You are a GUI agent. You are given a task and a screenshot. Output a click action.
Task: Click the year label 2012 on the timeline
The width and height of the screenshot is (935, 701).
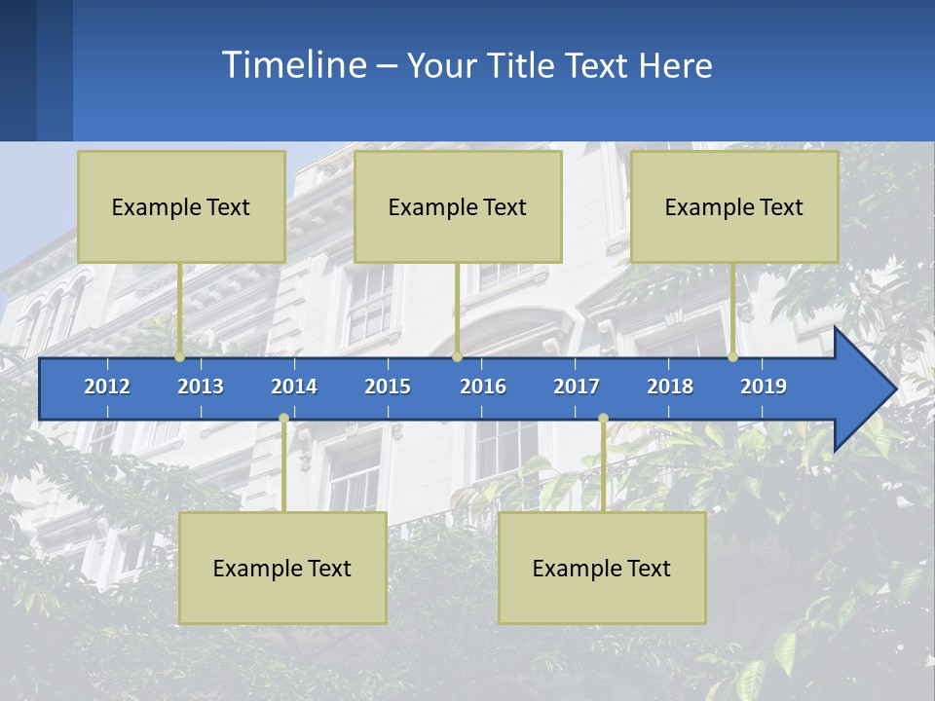pos(107,387)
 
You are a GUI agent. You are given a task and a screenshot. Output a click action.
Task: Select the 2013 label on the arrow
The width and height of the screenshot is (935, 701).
pos(201,387)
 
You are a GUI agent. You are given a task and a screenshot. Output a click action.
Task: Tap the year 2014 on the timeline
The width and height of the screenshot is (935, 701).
pos(294,387)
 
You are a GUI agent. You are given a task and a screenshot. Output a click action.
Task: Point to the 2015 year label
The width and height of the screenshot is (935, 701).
pos(388,387)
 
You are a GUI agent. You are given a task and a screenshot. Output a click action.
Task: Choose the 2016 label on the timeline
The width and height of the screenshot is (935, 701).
pos(483,387)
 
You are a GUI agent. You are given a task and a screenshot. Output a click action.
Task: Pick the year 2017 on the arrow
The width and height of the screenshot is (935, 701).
pos(577,387)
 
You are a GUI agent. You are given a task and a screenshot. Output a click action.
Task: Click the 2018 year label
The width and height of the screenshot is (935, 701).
pos(670,387)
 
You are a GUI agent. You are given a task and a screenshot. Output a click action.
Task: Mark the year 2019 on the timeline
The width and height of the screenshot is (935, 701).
pos(764,387)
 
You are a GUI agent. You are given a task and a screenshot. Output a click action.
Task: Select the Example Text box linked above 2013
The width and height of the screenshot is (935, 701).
pos(181,206)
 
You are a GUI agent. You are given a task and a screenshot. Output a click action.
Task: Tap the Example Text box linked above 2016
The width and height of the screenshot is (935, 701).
pos(458,206)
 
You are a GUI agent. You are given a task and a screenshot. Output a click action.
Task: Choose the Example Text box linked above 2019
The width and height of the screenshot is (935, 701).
pos(734,206)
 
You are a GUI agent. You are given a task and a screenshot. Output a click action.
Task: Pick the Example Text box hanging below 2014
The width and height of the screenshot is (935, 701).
pos(282,568)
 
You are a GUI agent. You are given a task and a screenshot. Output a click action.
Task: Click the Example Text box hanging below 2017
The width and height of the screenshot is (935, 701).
pos(602,568)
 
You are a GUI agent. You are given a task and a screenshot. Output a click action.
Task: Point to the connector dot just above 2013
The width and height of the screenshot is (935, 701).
pos(180,357)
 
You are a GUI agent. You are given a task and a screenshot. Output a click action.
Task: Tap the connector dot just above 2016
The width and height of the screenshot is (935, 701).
pos(457,357)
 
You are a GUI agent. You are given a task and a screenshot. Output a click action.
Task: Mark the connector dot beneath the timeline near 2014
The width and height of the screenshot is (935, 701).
pos(283,419)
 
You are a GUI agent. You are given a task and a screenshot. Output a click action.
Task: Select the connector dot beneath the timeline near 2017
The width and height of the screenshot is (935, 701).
pos(603,419)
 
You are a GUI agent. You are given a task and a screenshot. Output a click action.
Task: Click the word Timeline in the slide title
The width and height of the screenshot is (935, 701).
pos(293,65)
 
